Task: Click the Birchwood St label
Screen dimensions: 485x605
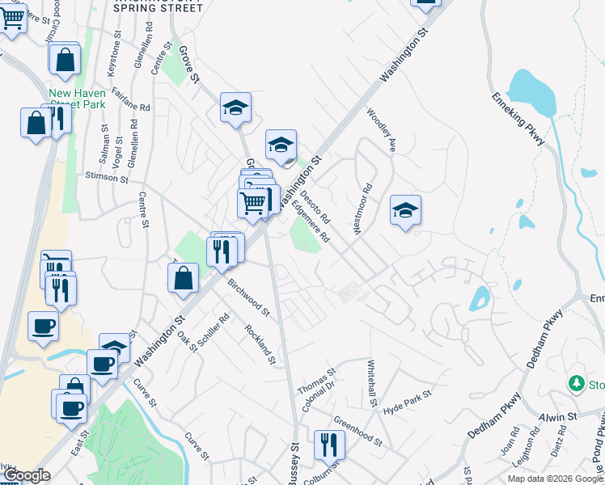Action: (x=248, y=296)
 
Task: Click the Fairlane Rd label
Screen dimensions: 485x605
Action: (x=132, y=100)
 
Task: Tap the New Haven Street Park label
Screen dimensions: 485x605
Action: (x=77, y=99)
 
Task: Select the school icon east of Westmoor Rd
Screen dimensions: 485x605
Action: (x=405, y=211)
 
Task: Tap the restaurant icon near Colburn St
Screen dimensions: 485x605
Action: (x=329, y=443)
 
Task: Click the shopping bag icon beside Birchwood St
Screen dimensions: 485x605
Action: (x=184, y=277)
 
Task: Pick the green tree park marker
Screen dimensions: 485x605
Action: (x=577, y=382)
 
